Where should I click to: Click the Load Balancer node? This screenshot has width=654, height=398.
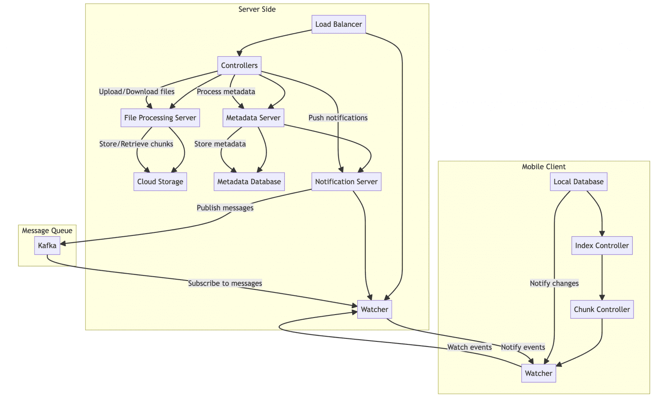click(338, 24)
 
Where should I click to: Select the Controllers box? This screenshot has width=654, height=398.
click(239, 66)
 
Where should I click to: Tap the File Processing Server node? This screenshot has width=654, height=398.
click(160, 118)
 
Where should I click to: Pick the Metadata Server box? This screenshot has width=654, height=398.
click(253, 118)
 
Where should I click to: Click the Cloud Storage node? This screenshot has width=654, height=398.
click(160, 182)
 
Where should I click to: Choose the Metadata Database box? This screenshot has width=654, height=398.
click(249, 182)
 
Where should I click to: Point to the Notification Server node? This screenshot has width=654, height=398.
click(346, 182)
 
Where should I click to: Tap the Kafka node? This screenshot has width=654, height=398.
click(47, 246)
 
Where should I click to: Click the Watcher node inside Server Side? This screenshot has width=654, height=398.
click(374, 309)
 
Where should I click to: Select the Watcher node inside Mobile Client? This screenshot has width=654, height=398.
click(539, 373)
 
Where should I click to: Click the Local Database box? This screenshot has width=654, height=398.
click(579, 182)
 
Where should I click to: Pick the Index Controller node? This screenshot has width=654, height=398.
click(602, 246)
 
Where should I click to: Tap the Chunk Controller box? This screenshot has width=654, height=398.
click(602, 309)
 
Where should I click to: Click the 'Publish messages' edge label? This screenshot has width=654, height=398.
click(225, 208)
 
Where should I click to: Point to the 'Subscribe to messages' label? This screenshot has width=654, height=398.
click(225, 283)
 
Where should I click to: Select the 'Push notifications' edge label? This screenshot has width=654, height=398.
click(338, 118)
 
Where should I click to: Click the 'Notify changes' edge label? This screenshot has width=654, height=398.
click(554, 283)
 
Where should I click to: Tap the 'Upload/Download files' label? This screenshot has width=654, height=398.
click(137, 92)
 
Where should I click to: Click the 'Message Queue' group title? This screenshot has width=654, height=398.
click(47, 231)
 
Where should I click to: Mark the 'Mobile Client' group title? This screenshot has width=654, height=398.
click(544, 167)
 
